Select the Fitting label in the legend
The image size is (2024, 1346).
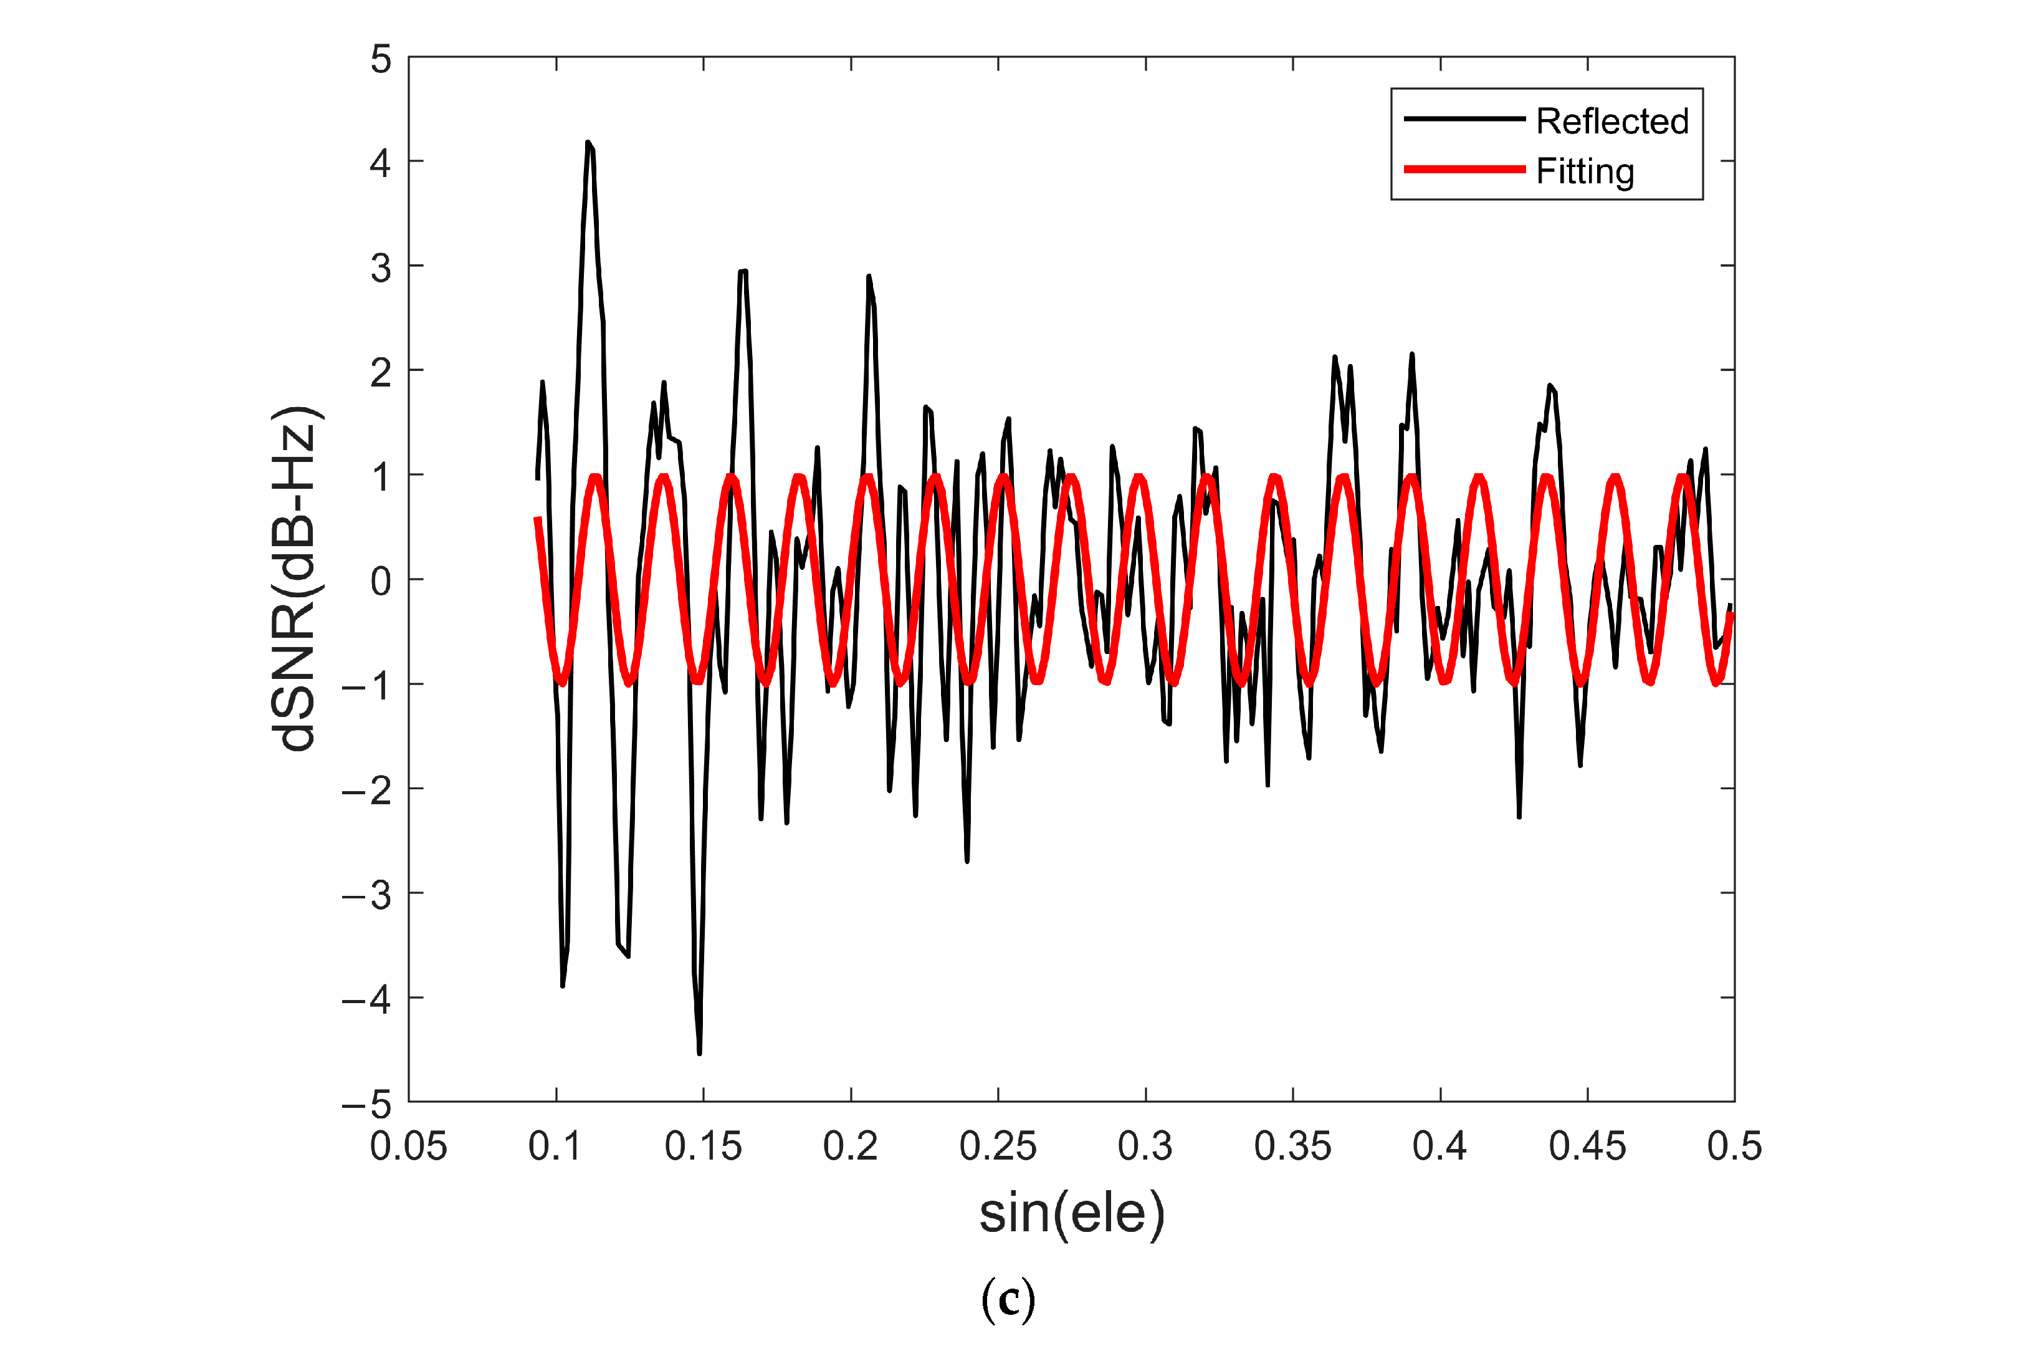pyautogui.click(x=1585, y=171)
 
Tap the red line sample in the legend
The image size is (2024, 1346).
pyautogui.click(x=1464, y=169)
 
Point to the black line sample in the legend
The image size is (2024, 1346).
pyautogui.click(x=1464, y=118)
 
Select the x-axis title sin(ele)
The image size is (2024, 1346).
pyautogui.click(x=1072, y=1213)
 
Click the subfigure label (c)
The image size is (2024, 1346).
pyautogui.click(x=1008, y=1300)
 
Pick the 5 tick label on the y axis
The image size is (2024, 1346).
pyautogui.click(x=380, y=59)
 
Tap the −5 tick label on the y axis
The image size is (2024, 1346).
pyautogui.click(x=366, y=1104)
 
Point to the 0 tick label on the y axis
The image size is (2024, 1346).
pyautogui.click(x=380, y=581)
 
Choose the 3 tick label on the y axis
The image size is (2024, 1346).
pyautogui.click(x=380, y=268)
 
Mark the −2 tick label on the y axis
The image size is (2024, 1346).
pyautogui.click(x=366, y=790)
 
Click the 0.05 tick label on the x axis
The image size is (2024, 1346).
pyautogui.click(x=408, y=1146)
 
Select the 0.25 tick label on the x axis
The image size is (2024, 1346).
pyautogui.click(x=998, y=1146)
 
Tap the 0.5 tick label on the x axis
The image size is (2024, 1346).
pyautogui.click(x=1734, y=1146)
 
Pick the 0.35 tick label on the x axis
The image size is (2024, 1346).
pyautogui.click(x=1292, y=1146)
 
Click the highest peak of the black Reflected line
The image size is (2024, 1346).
pyautogui.click(x=588, y=143)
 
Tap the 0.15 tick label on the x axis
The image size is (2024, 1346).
pyautogui.click(x=703, y=1146)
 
